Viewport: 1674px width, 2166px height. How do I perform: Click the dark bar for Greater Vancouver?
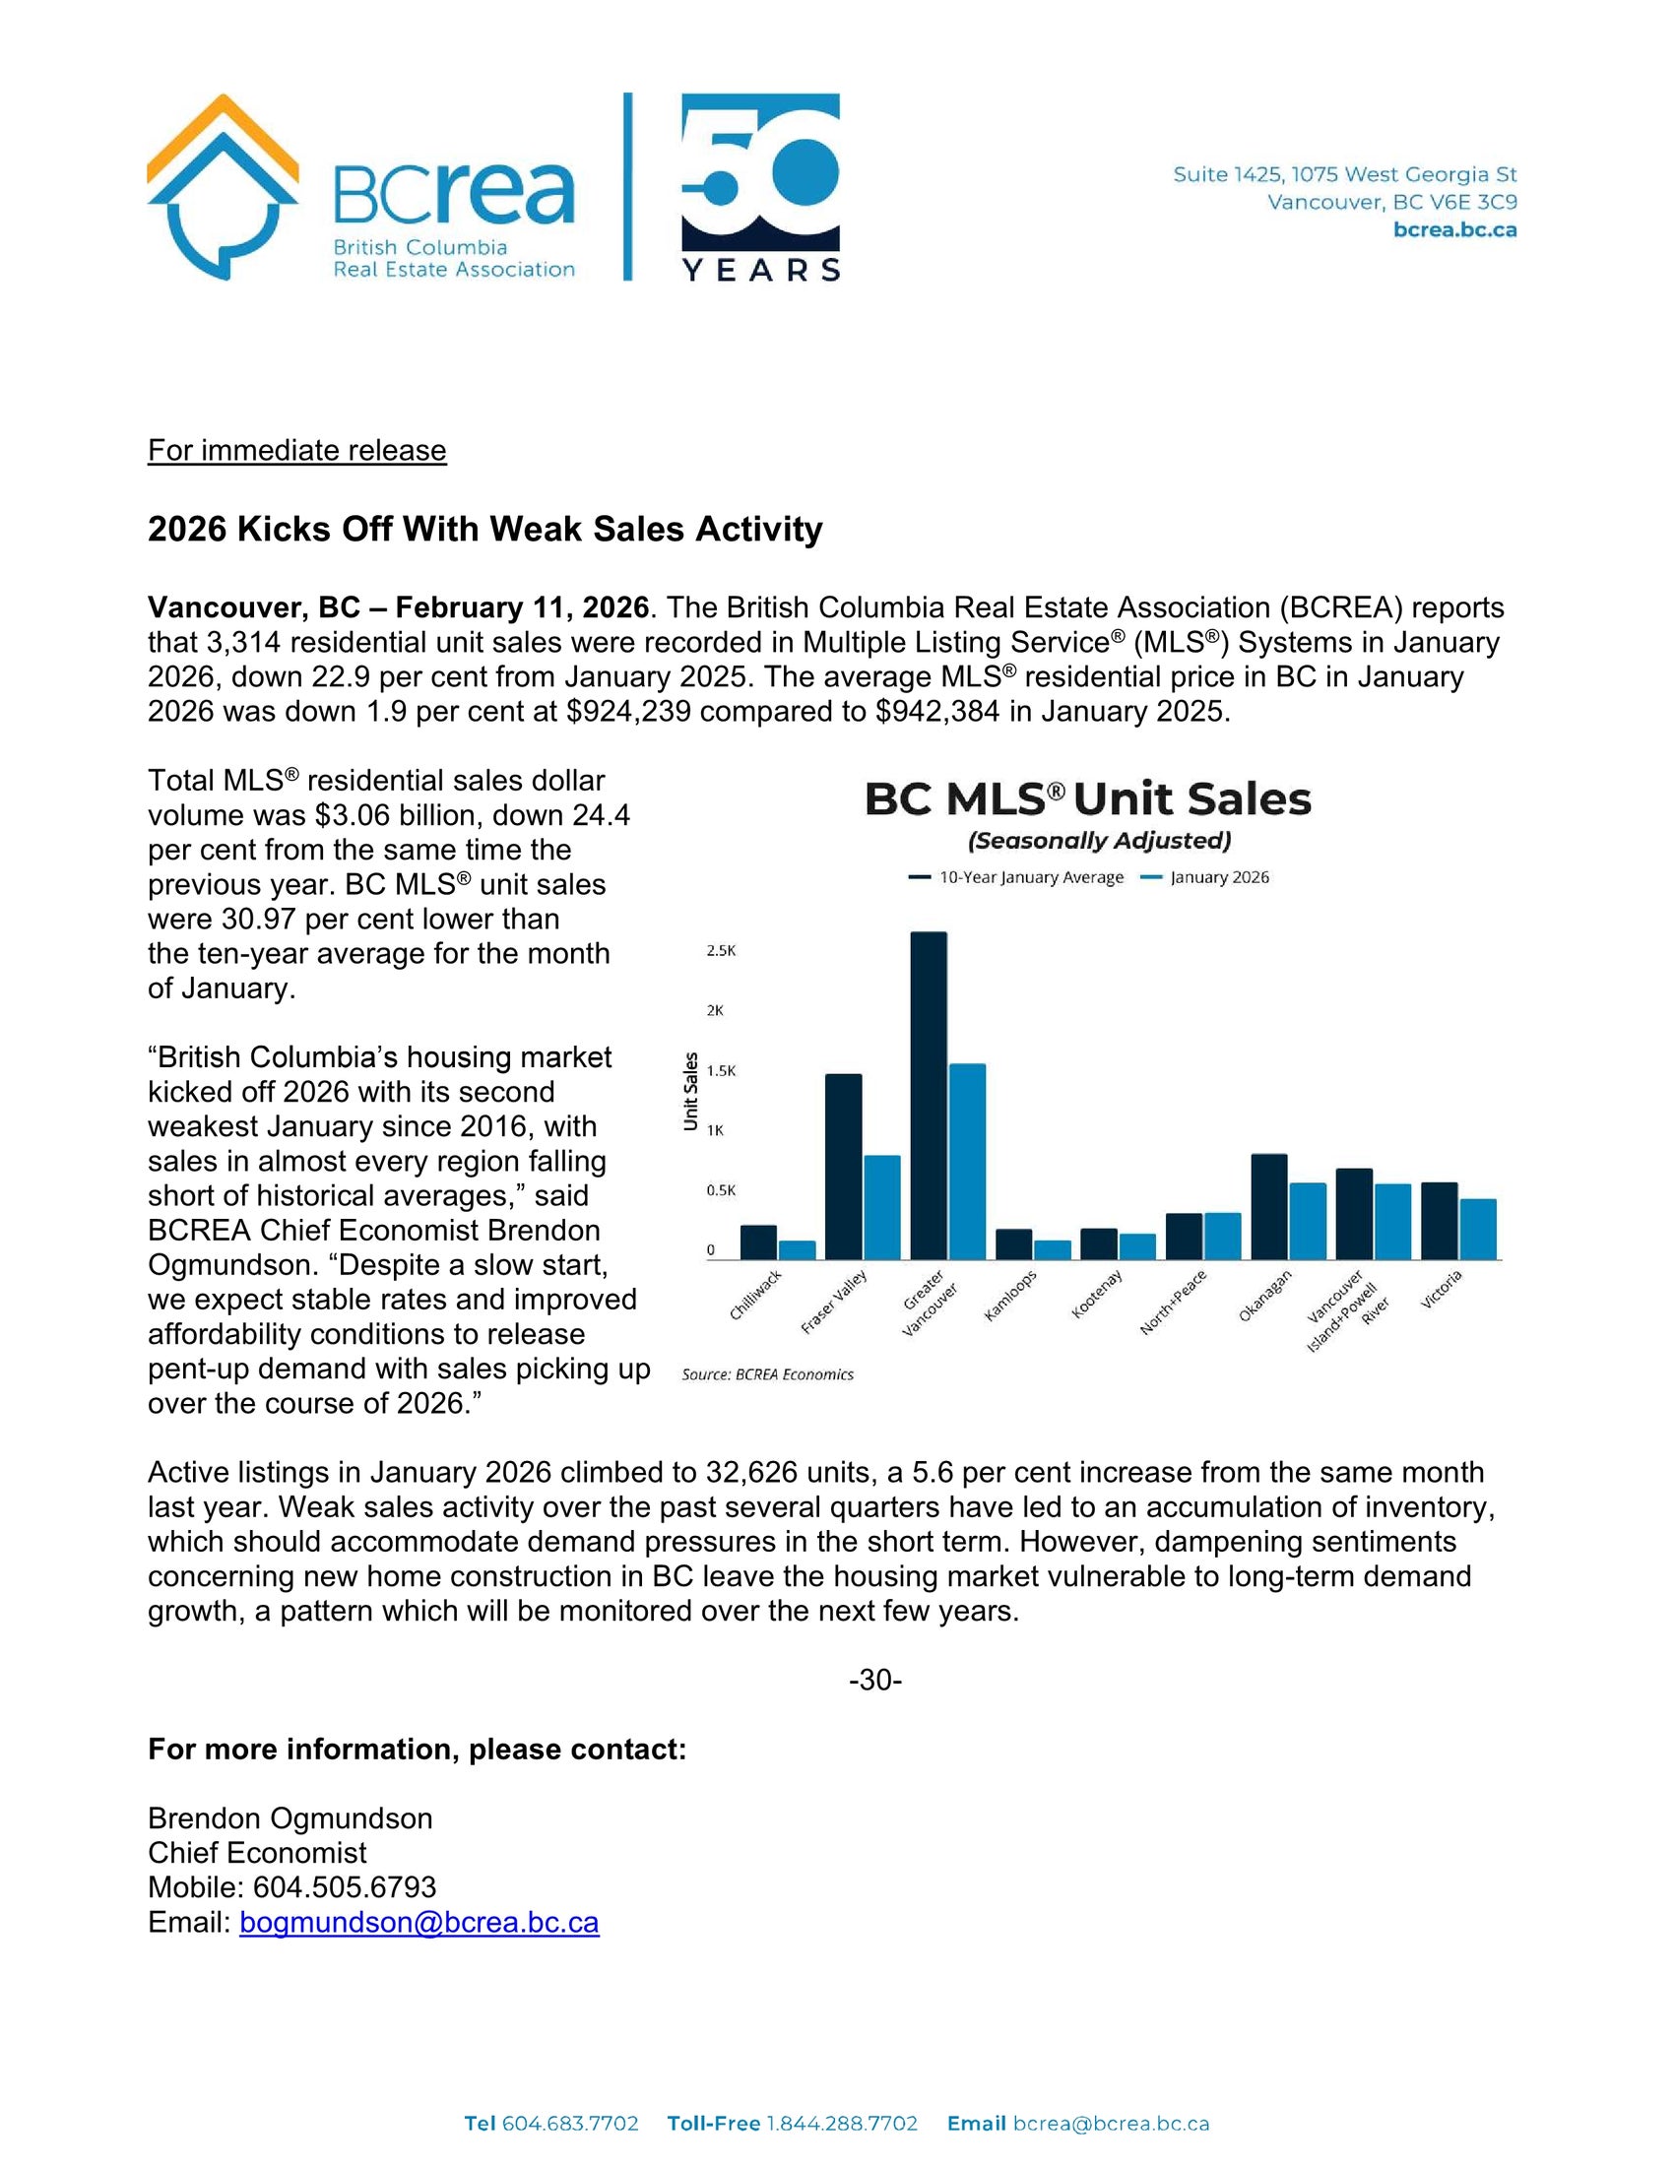(x=929, y=1095)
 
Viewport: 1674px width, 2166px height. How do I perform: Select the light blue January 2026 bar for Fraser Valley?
(x=881, y=1207)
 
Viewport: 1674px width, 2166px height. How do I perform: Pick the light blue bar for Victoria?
(x=1478, y=1229)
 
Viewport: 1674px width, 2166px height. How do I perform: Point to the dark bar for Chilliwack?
(x=758, y=1242)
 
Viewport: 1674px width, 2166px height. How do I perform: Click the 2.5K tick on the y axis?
(x=721, y=950)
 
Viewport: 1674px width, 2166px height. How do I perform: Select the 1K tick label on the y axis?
(x=715, y=1129)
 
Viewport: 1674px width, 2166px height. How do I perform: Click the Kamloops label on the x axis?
(x=1010, y=1295)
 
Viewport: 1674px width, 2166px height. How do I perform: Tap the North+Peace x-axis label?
(x=1172, y=1302)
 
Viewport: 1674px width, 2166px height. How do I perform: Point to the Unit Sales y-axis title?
(x=691, y=1091)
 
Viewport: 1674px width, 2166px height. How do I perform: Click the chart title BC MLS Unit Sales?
(x=1088, y=799)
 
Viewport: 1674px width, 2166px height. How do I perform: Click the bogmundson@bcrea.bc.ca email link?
(x=418, y=1923)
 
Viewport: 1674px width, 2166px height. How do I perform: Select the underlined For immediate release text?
(x=296, y=450)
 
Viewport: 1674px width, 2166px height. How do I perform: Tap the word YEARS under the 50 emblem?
(x=760, y=270)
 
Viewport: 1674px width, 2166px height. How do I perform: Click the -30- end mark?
(x=874, y=1680)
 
